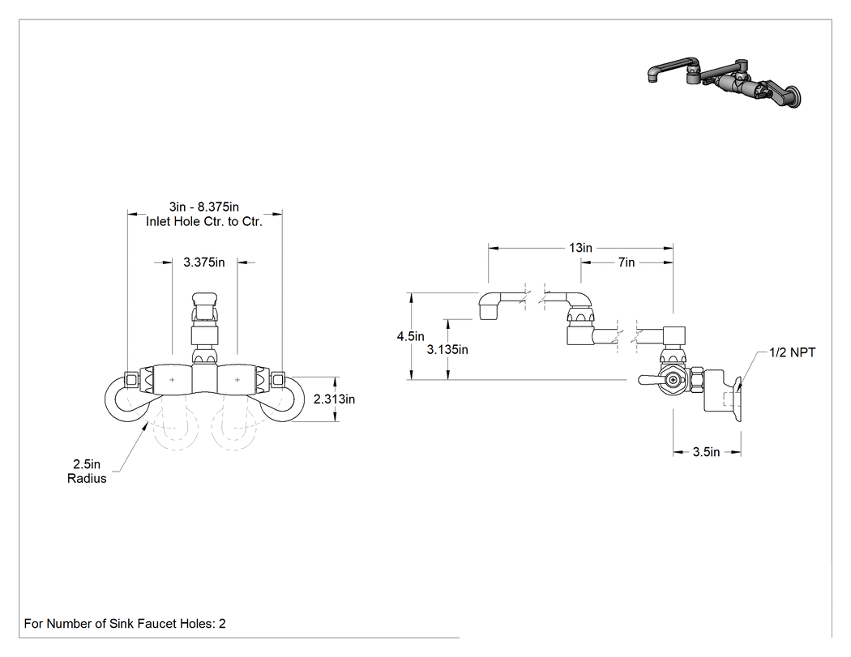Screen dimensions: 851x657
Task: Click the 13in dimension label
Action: point(580,248)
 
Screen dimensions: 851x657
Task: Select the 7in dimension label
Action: point(626,262)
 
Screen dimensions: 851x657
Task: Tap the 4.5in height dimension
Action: point(410,336)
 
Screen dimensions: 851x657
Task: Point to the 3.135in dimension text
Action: point(447,350)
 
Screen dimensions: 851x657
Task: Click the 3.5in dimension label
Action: point(706,452)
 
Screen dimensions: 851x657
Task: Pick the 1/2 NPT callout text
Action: point(793,352)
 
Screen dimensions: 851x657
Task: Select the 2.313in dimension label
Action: point(334,399)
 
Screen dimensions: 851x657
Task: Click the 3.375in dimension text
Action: point(204,262)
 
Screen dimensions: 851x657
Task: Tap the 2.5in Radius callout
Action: point(87,471)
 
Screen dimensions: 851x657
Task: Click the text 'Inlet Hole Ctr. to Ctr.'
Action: point(204,222)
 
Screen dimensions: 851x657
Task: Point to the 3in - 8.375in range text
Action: point(204,207)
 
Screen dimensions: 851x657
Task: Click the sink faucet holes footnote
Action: point(125,624)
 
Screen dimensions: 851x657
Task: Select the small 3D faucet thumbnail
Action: point(725,81)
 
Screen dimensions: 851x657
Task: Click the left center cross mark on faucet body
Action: point(172,380)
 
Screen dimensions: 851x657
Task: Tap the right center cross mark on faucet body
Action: point(237,380)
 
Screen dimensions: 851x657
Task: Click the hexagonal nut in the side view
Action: point(674,380)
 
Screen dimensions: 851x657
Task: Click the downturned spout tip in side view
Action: point(489,312)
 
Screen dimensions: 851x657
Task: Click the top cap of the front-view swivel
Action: point(204,300)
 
